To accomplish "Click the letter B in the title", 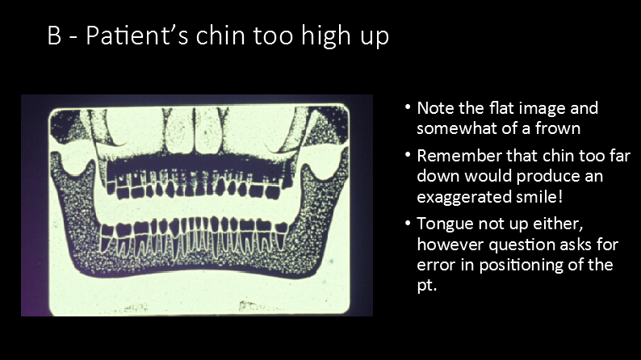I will [x=55, y=37].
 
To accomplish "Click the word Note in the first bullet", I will [x=435, y=108].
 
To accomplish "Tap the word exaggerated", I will [x=463, y=195].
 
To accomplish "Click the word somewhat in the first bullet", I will [x=453, y=128].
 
